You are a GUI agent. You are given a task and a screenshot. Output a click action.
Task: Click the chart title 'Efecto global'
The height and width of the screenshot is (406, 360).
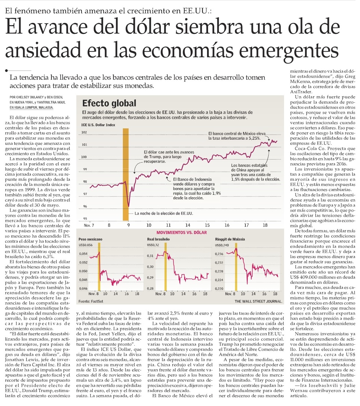(109, 103)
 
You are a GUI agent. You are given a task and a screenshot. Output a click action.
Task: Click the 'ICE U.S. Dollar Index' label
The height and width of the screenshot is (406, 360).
(98, 125)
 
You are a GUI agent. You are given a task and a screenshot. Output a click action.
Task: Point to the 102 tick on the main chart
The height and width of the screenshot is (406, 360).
(84, 132)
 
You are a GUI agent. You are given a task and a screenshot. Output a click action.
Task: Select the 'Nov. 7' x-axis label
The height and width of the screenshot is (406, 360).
(89, 225)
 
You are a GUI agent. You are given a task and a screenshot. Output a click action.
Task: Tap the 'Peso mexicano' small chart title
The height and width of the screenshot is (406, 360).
(90, 239)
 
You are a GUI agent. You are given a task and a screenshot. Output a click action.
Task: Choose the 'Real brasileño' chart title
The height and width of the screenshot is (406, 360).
(158, 239)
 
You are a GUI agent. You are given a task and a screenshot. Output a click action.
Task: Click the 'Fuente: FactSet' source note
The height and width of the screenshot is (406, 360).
(91, 301)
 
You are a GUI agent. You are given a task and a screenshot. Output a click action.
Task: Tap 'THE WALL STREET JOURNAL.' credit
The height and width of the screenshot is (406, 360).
(258, 301)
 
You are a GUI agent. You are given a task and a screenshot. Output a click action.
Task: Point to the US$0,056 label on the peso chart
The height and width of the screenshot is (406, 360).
(86, 245)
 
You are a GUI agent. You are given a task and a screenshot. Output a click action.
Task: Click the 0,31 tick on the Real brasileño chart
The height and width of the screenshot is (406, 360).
(150, 256)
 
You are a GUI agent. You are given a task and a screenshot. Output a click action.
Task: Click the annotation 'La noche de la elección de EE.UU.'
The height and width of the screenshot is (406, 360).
(164, 213)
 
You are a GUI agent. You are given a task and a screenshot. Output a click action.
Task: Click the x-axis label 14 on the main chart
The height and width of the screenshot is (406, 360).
(188, 225)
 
